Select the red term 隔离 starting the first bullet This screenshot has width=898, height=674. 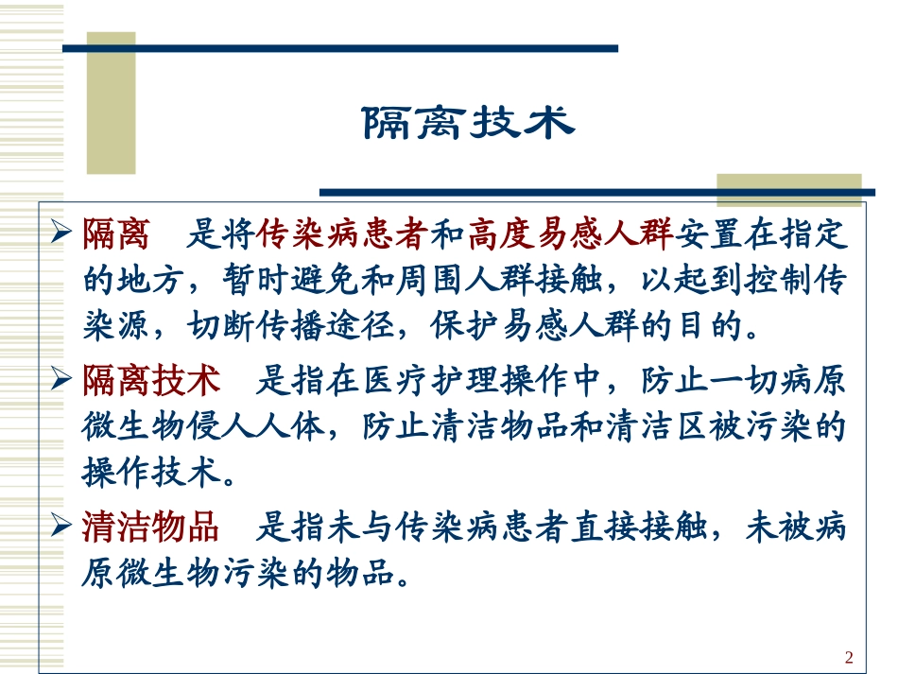[x=110, y=233]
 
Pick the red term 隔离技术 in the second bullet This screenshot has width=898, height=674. [x=152, y=381]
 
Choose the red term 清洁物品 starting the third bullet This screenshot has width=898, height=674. [x=152, y=527]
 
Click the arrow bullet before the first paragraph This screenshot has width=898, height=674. [x=62, y=233]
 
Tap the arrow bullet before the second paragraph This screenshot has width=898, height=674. [x=62, y=381]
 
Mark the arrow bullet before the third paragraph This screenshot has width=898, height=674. [x=62, y=527]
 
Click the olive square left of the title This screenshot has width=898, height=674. [x=112, y=104]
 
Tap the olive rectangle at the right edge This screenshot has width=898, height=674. [x=790, y=190]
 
